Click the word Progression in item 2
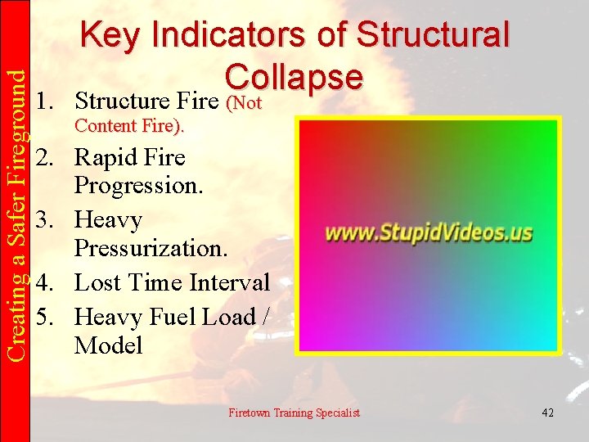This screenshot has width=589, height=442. coord(137,186)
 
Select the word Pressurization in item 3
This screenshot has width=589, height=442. coord(147,248)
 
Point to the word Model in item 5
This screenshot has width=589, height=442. coord(108,345)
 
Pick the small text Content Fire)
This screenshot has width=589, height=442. coord(129,127)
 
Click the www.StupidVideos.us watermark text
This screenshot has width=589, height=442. coord(429,232)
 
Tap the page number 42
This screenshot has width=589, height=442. coord(547,413)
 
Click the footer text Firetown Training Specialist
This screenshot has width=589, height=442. coord(294,413)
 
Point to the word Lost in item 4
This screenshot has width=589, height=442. coord(97,283)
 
